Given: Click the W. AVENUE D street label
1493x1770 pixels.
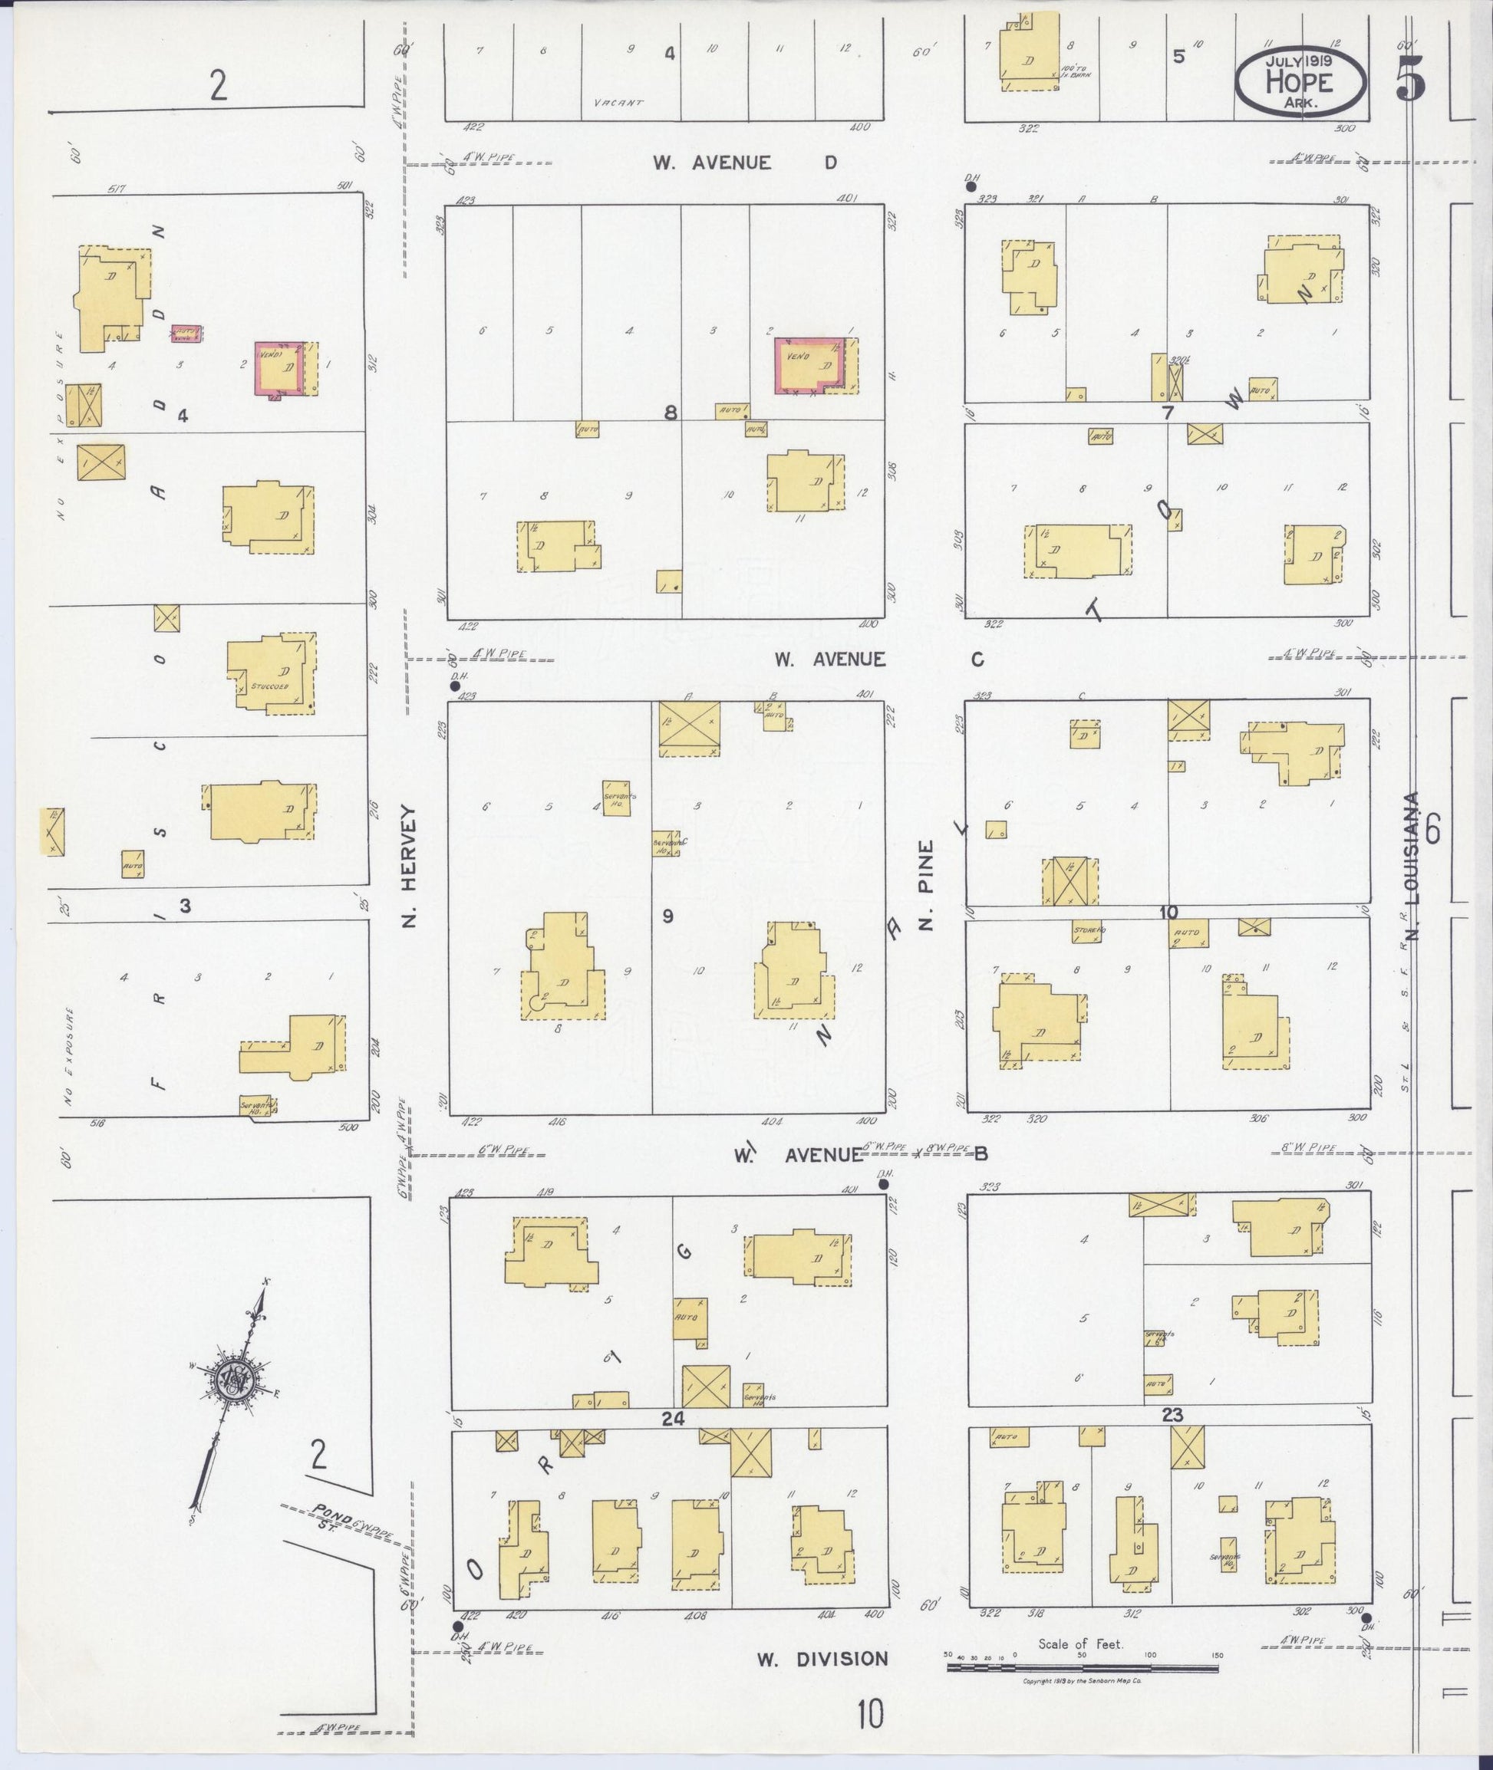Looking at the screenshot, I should pos(745,163).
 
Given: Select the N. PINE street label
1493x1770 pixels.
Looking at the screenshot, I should pos(926,885).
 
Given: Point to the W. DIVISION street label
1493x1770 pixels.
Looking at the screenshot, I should pos(822,1659).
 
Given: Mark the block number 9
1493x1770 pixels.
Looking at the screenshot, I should pos(667,916).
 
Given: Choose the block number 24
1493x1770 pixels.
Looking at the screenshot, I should pos(673,1419).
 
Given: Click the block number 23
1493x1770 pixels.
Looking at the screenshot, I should pos(1172,1415).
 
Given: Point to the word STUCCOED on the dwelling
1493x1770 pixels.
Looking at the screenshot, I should pos(270,686).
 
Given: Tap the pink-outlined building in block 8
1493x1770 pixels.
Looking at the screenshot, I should pos(809,366).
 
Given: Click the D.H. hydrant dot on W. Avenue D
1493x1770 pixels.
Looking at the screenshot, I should pos(971,187).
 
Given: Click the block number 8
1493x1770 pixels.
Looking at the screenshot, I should pos(671,413).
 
